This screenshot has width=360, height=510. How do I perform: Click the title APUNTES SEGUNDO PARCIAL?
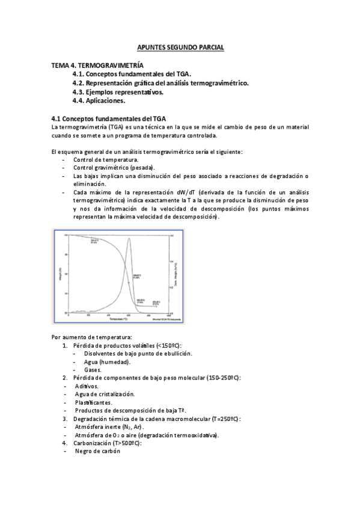pos(180,47)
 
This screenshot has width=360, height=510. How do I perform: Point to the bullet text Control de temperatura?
pos(106,160)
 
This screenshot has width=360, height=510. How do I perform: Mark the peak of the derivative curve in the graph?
pos(129,239)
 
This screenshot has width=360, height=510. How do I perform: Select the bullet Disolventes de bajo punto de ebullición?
pos(138,354)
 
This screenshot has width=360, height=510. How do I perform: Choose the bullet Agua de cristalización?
pos(105,394)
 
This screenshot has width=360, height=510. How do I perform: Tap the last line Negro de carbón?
pos(98,451)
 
